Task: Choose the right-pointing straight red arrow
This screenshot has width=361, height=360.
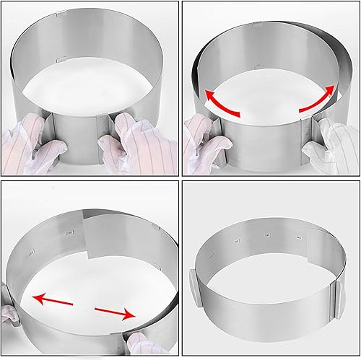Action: tap(116, 312)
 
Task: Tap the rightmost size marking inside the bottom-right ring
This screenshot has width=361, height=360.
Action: tap(295, 235)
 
